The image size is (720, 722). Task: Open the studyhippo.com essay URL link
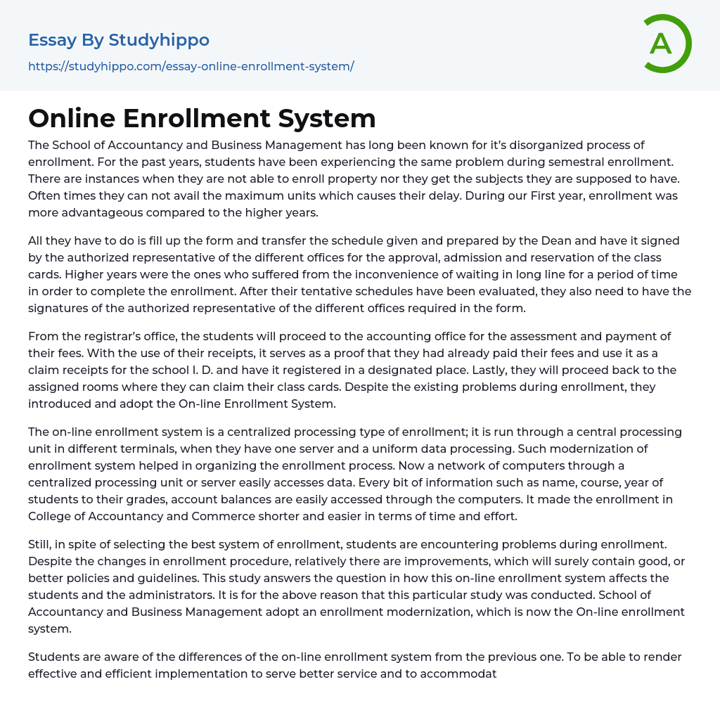point(191,67)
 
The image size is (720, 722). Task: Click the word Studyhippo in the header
point(159,40)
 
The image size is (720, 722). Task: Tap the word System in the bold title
point(327,118)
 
